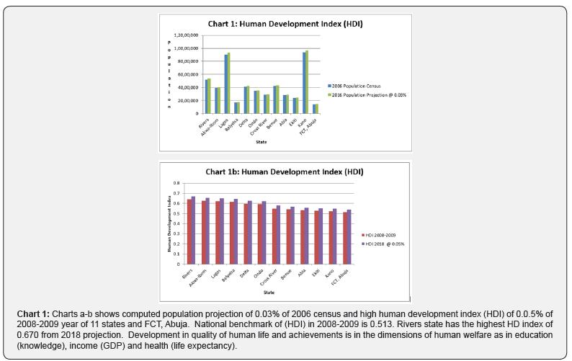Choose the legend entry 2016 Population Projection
coord(367,94)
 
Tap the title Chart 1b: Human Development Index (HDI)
coord(284,172)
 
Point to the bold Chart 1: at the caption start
coord(34,313)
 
